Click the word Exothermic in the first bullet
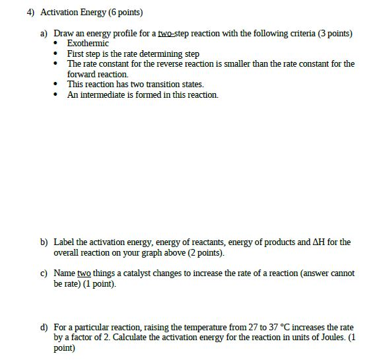[x=88, y=43]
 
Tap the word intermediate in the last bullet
[x=108, y=95]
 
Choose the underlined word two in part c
[x=83, y=273]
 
